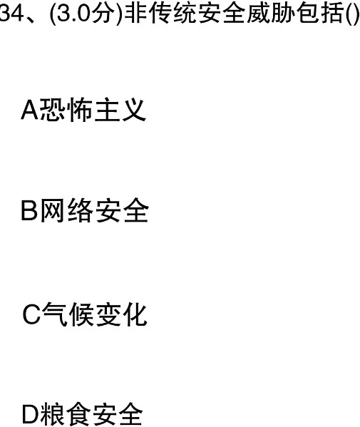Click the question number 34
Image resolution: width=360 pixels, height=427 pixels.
(x=11, y=14)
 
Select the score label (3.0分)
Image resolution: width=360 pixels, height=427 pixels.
(x=85, y=14)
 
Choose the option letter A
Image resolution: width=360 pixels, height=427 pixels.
(x=30, y=110)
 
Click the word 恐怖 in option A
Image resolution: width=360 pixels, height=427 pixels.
(x=66, y=110)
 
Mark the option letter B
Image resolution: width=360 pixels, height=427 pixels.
(x=29, y=210)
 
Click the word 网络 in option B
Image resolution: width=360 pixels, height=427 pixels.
(x=66, y=210)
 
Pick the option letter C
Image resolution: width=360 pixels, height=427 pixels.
(x=31, y=314)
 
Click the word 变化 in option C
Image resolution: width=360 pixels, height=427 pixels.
(x=121, y=314)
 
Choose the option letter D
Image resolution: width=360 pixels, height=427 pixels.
(x=31, y=415)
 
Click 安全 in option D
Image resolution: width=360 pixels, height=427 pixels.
(x=117, y=415)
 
